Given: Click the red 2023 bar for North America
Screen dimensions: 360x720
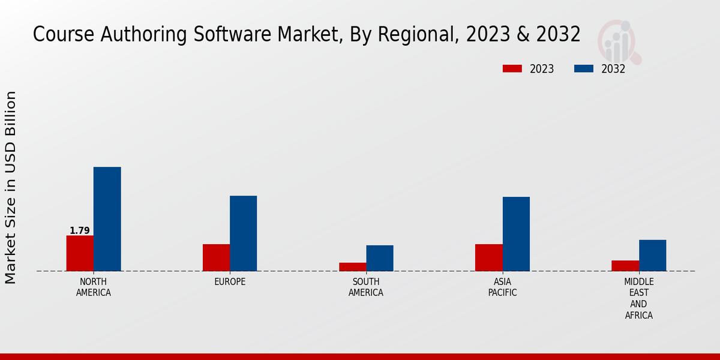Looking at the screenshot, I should pos(80,253).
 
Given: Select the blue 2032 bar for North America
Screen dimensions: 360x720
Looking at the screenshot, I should pos(107,219).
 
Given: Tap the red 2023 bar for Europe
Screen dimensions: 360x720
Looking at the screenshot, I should pos(216,257).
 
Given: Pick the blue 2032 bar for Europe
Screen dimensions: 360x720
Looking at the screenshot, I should pos(243,233).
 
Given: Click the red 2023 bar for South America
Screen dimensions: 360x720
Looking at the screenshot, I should pos(352,267).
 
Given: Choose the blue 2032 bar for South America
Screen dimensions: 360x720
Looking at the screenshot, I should pos(380,258).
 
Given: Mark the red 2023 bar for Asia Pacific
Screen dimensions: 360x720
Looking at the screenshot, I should pos(488,257).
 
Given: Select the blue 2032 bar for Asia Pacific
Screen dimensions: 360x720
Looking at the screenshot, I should pos(516,234).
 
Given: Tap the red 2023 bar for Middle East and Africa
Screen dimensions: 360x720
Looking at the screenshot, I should pos(625,266).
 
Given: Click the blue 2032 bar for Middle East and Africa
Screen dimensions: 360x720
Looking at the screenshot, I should pos(652,256).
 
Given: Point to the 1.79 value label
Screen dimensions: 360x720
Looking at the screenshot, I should pos(79,230).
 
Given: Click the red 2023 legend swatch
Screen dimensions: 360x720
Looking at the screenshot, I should pos(512,69).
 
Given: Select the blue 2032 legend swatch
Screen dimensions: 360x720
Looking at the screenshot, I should pos(583,69).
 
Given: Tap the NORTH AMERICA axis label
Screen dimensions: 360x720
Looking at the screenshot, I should pos(93,287).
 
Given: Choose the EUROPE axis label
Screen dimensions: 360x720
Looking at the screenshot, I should pos(230,282).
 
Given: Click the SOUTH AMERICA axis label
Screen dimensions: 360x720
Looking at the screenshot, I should pos(366,287).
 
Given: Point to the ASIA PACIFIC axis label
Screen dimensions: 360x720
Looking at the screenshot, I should pos(502,287).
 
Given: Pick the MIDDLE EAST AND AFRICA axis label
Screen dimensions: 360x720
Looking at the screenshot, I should pos(638,298).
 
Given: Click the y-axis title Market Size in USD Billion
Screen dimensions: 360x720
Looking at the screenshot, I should pos(11,187).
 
